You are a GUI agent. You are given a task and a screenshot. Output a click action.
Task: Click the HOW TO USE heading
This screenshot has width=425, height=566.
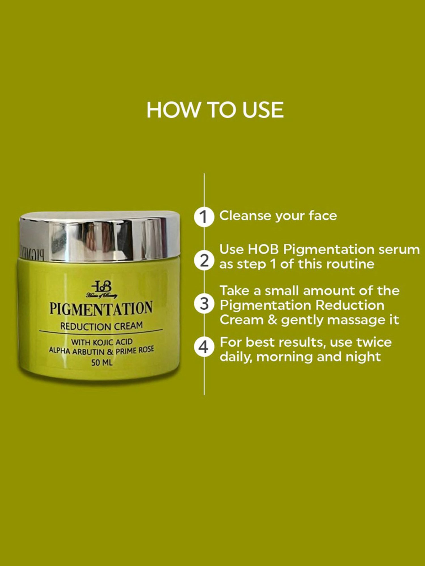point(215,110)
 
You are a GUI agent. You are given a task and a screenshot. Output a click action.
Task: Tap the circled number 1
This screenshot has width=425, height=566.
point(204,217)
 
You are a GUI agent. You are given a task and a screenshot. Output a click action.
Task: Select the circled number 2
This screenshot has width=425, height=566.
point(204,260)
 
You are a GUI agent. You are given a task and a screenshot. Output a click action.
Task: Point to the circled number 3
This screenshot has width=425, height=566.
point(204,304)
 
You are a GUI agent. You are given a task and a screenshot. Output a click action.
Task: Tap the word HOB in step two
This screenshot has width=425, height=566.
point(263,250)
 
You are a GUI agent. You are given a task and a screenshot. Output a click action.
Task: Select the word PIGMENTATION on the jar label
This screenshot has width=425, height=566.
point(101,308)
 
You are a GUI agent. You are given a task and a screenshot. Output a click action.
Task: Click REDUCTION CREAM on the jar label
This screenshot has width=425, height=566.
point(101,326)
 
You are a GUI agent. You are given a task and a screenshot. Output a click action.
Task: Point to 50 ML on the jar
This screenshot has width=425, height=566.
point(102,363)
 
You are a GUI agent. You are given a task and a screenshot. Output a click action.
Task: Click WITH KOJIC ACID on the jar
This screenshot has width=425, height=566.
point(102,342)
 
